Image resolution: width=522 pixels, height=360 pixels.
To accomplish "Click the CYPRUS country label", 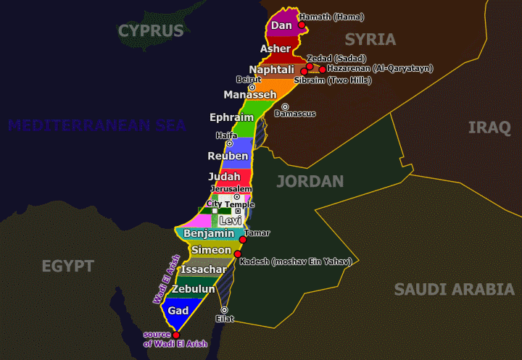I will [151, 30].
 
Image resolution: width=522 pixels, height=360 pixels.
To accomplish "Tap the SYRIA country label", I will [370, 39].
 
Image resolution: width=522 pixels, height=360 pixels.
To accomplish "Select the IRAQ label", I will [489, 127].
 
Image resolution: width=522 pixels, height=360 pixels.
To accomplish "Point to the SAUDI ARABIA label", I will [454, 290].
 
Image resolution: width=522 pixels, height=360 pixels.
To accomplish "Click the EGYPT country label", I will [67, 266].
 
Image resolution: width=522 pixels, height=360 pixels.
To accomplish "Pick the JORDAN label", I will [310, 181].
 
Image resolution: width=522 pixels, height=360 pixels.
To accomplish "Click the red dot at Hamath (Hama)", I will [302, 25].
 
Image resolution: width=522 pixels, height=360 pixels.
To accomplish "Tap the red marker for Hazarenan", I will [323, 70].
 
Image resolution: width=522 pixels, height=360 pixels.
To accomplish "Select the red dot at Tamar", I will [243, 240].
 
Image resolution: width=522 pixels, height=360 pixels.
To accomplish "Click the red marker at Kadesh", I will [237, 254].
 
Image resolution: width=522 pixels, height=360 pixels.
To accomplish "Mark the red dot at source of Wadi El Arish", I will [175, 335].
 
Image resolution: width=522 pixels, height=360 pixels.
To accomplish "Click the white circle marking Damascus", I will [285, 107].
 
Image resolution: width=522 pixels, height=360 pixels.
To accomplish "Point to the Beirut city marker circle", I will [252, 88].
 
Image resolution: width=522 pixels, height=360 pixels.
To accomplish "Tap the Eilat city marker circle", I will [224, 310].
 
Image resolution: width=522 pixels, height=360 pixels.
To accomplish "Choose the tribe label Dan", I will [281, 25].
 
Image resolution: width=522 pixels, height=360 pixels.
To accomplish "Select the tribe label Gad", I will [178, 310].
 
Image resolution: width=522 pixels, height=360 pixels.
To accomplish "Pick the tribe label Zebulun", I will [193, 289].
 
